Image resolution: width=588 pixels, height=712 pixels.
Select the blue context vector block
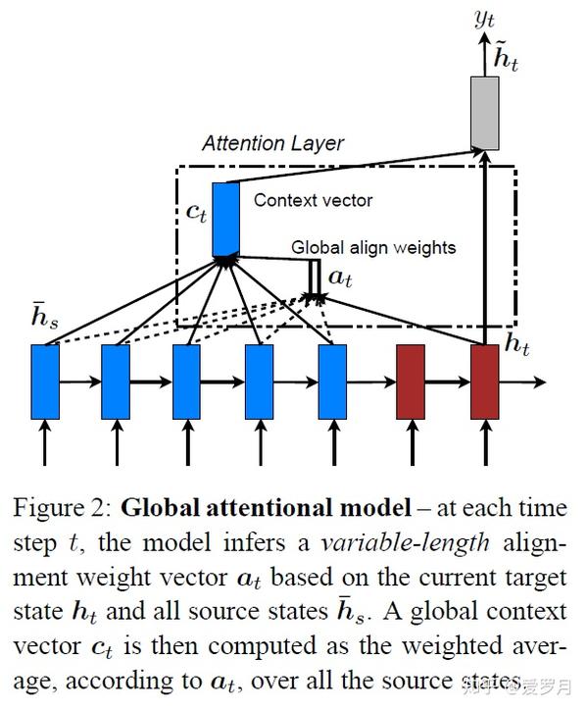pos(226,217)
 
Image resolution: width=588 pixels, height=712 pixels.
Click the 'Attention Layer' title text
pos(272,143)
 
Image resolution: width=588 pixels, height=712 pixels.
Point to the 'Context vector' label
pos(313,200)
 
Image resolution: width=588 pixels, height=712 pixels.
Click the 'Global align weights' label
pos(373,247)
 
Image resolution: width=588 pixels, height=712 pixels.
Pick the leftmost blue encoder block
pos(45,381)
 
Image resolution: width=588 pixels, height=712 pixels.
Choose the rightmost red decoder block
pos(485,381)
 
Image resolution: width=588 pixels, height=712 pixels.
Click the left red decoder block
pos(411,381)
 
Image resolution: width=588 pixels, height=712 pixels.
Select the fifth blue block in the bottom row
pos(332,381)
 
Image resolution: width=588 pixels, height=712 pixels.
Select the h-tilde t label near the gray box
pos(506,59)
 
